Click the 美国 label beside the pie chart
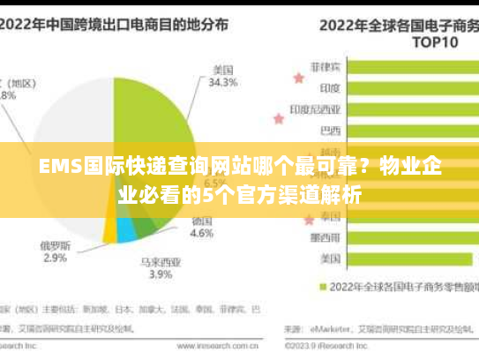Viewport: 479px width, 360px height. point(222,69)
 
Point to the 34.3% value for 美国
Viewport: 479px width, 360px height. point(222,83)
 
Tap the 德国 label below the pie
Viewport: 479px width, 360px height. point(202,220)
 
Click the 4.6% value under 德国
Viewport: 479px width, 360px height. point(202,234)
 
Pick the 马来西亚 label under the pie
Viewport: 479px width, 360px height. point(160,261)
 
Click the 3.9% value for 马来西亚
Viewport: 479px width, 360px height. point(160,274)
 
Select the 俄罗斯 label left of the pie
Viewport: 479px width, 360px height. point(55,244)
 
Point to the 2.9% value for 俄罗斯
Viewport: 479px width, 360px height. point(55,259)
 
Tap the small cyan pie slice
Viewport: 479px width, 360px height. point(126,229)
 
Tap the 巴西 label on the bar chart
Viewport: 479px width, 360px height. point(330,131)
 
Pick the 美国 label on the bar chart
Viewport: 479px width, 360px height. point(330,259)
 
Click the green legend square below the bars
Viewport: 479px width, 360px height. point(323,286)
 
